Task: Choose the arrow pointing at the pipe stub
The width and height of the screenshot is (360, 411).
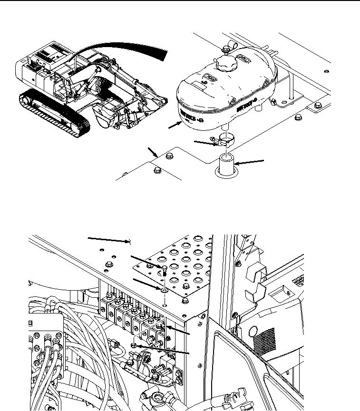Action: click(x=250, y=163)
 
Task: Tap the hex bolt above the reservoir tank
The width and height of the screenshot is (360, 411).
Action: click(x=224, y=48)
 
